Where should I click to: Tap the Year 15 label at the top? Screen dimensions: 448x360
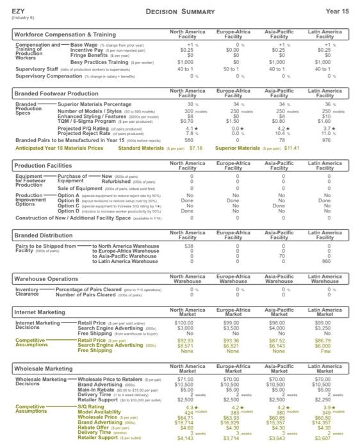click(x=337, y=12)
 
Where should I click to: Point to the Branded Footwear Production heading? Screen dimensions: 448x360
click(x=56, y=93)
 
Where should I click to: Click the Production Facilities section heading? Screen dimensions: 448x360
click(x=44, y=166)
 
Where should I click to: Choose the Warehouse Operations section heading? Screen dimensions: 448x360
click(x=47, y=279)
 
